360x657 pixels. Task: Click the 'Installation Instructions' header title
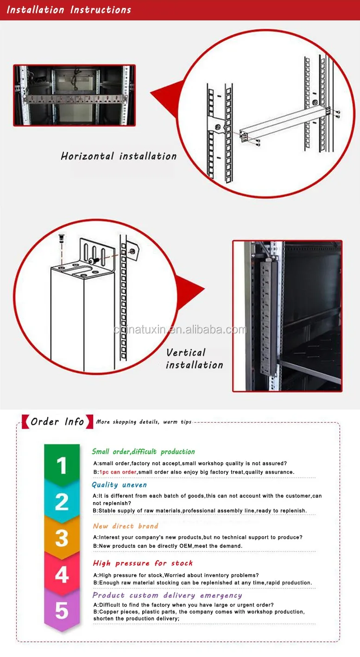click(x=69, y=10)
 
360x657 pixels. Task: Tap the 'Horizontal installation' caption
click(x=119, y=156)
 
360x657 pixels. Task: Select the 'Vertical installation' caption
click(x=194, y=359)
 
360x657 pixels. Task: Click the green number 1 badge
click(x=62, y=465)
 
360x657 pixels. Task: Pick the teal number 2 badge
click(x=62, y=501)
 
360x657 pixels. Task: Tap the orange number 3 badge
click(x=62, y=538)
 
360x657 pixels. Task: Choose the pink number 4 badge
click(x=62, y=575)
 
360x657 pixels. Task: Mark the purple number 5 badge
click(x=62, y=611)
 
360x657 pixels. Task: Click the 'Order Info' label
click(x=57, y=421)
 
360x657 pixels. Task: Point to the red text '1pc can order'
click(x=117, y=472)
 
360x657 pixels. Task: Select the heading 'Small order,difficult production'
click(x=143, y=452)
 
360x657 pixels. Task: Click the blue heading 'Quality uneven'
click(x=119, y=485)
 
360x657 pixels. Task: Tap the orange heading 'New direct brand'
click(x=126, y=526)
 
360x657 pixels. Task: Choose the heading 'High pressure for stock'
click(x=143, y=563)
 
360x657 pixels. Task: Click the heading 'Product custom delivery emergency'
click(x=167, y=595)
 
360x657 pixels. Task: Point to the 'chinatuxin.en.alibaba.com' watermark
click(x=180, y=330)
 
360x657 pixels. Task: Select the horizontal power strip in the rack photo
click(x=74, y=99)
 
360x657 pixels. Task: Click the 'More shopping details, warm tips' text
click(x=143, y=422)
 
